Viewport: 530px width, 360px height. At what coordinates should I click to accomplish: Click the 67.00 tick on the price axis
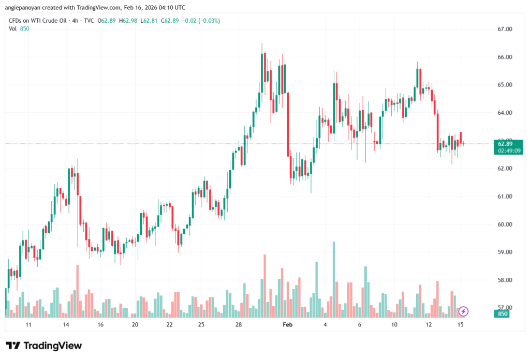pyautogui.click(x=505, y=29)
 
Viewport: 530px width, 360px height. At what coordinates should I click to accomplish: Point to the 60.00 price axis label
pyautogui.click(x=505, y=224)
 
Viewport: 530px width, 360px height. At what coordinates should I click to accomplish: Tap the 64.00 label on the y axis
pyautogui.click(x=505, y=113)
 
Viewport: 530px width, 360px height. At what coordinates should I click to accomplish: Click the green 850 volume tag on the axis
pyautogui.click(x=502, y=313)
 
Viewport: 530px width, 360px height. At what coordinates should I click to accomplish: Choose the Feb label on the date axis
pyautogui.click(x=287, y=325)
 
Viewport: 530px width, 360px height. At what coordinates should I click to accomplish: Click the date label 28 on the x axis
pyautogui.click(x=238, y=325)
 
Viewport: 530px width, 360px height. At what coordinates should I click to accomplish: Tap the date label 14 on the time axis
pyautogui.click(x=66, y=325)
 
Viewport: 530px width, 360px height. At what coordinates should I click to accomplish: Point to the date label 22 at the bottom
pyautogui.click(x=169, y=325)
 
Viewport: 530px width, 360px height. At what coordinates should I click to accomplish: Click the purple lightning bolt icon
pyautogui.click(x=464, y=311)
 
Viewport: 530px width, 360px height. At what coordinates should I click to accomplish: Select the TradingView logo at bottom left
pyautogui.click(x=44, y=346)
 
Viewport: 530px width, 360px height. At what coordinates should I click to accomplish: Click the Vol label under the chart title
pyautogui.click(x=13, y=29)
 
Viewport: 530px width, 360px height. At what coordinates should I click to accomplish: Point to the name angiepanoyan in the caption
pyautogui.click(x=25, y=7)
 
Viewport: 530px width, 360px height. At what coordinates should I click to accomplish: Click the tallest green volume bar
pyautogui.click(x=334, y=279)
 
